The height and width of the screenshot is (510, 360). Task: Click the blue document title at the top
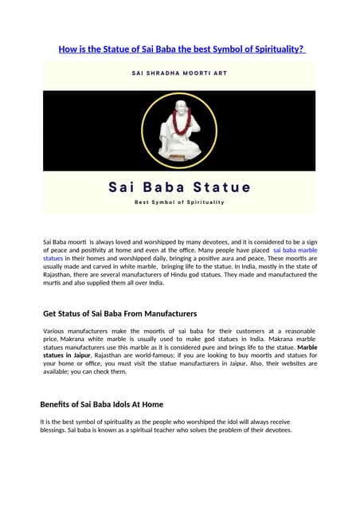coord(180,49)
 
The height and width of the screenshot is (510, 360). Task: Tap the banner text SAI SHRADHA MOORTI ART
coord(180,73)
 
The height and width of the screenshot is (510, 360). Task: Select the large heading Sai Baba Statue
coord(180,188)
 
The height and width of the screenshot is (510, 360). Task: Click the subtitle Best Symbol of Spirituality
coord(180,202)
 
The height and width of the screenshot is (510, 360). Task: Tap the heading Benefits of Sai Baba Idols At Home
coord(102,404)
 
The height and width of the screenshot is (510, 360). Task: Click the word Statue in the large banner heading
coord(221,188)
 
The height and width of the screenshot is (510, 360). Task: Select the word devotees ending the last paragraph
coord(276,430)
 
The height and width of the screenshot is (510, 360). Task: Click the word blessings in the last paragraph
coord(55,430)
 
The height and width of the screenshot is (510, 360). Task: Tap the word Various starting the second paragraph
coord(56,331)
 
